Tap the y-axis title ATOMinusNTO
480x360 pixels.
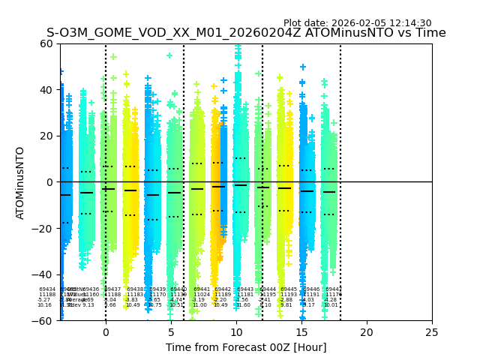point(20,182)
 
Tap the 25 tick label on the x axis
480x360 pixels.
point(432,331)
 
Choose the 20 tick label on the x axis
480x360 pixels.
point(367,331)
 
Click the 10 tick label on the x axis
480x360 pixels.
point(236,331)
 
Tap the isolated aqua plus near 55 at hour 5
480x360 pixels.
point(169,55)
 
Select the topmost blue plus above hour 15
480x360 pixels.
point(303,67)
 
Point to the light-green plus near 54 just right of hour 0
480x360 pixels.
point(113,56)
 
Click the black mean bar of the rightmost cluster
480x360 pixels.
point(329,192)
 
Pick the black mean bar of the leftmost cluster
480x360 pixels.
point(65,195)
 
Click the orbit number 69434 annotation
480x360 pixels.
point(47,289)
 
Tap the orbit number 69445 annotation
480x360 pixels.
point(289,289)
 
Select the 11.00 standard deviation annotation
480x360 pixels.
point(199,305)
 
